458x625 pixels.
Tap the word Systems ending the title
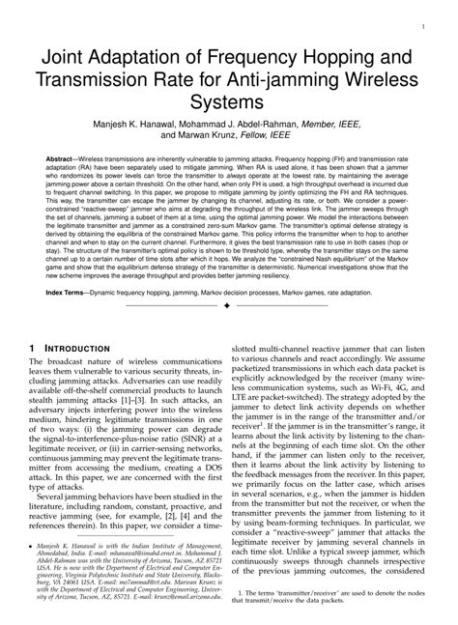coord(229,100)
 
